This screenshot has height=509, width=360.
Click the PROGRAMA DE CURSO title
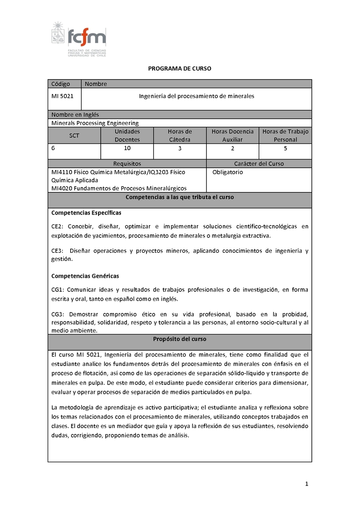(x=180, y=68)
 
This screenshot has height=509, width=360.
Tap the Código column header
(x=61, y=84)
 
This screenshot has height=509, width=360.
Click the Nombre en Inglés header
(x=75, y=115)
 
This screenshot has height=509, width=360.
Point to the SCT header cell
(x=74, y=135)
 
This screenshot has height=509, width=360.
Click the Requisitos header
(x=127, y=164)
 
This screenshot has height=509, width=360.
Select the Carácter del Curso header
(x=259, y=164)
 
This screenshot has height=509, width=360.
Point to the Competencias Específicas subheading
(x=86, y=212)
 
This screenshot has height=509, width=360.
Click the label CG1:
(x=58, y=290)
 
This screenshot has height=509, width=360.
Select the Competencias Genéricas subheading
(x=85, y=276)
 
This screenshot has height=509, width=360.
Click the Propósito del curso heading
(x=180, y=339)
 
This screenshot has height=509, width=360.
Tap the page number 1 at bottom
(x=306, y=484)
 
